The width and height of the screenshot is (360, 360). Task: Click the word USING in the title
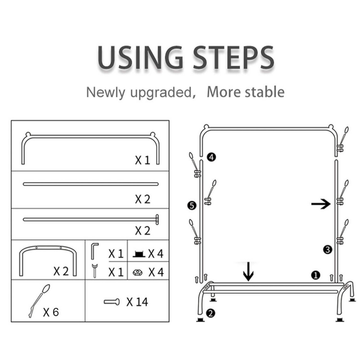pyautogui.click(x=140, y=57)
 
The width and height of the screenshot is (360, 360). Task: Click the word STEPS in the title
pyautogui.click(x=233, y=57)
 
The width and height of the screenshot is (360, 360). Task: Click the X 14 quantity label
pyautogui.click(x=137, y=302)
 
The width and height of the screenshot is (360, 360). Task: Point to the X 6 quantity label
pyautogui.click(x=51, y=312)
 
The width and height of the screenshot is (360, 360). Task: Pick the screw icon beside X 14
pyautogui.click(x=112, y=302)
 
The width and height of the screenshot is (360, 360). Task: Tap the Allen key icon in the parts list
pyautogui.click(x=95, y=251)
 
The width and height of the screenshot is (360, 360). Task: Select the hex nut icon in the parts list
pyautogui.click(x=138, y=273)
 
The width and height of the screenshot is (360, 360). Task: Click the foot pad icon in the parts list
pyautogui.click(x=139, y=254)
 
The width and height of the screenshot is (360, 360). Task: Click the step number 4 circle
pyautogui.click(x=211, y=157)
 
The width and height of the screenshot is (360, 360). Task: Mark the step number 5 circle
pyautogui.click(x=192, y=205)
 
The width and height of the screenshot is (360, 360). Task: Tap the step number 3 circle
pyautogui.click(x=327, y=249)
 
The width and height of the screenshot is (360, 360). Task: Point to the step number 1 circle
pyautogui.click(x=316, y=275)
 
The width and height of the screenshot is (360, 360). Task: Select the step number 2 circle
pyautogui.click(x=211, y=313)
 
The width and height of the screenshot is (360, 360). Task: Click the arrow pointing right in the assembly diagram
pyautogui.click(x=321, y=204)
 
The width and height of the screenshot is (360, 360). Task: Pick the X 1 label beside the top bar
pyautogui.click(x=143, y=160)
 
